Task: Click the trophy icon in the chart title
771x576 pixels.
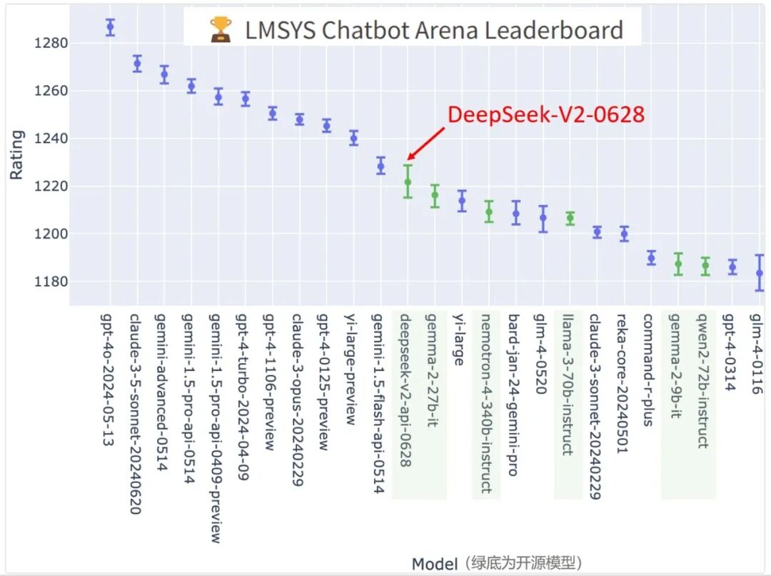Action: click(x=221, y=30)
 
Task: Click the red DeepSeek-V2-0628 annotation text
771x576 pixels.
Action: click(x=546, y=114)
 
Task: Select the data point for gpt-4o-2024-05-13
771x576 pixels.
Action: click(x=110, y=27)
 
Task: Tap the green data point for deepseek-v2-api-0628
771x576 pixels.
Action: click(x=408, y=182)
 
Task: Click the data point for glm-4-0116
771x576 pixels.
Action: click(x=760, y=273)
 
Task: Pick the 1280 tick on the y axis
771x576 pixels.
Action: click(x=50, y=43)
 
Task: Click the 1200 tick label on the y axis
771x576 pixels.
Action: click(x=50, y=234)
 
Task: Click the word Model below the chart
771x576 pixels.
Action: click(x=434, y=564)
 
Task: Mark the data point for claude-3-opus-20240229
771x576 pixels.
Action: click(x=299, y=119)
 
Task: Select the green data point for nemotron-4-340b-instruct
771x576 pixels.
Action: click(x=489, y=212)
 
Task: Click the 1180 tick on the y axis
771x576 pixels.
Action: click(x=50, y=282)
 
